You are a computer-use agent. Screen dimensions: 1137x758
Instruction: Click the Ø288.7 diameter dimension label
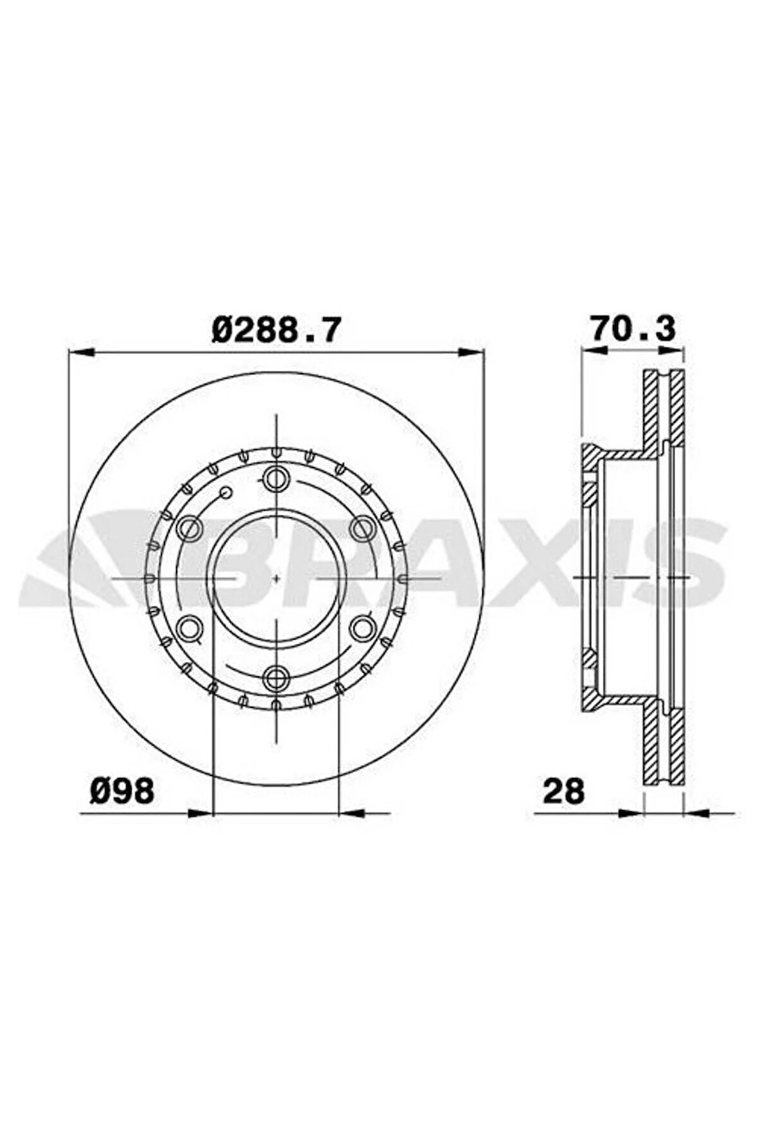click(x=275, y=331)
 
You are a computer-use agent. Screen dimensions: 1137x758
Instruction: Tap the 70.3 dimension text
click(x=633, y=330)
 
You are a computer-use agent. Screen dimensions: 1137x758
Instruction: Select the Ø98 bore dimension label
click(x=121, y=790)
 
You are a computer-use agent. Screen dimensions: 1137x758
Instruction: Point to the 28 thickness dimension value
click(x=563, y=791)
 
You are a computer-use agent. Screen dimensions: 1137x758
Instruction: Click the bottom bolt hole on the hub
click(x=276, y=675)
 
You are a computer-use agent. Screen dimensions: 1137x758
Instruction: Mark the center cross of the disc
click(x=276, y=577)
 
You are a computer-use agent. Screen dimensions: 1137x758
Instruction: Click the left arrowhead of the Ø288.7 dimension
click(x=82, y=351)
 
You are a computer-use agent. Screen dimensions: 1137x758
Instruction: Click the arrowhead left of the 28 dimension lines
click(x=630, y=813)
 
